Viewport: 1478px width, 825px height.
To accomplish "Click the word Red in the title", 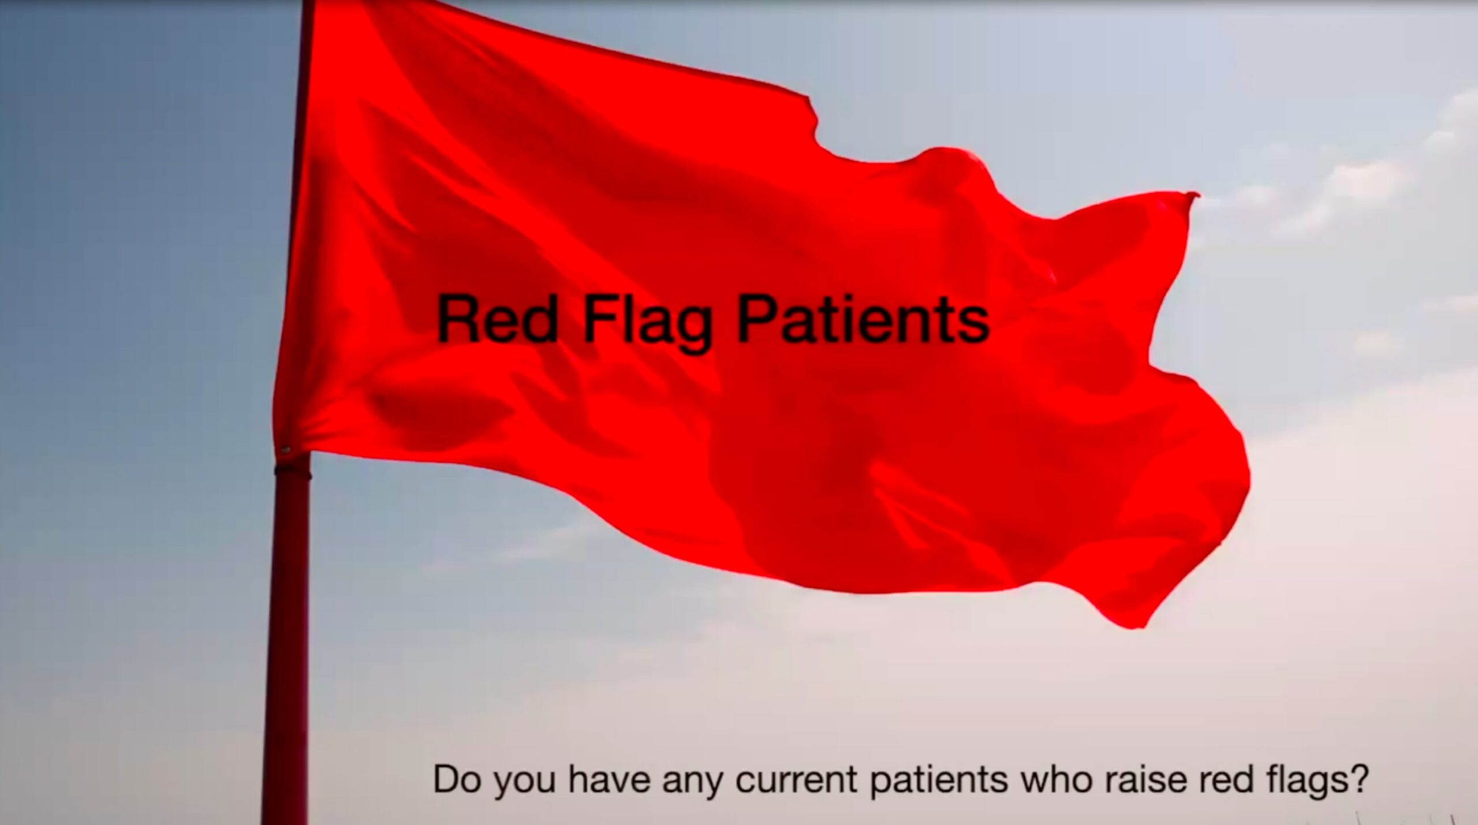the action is [x=497, y=319].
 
